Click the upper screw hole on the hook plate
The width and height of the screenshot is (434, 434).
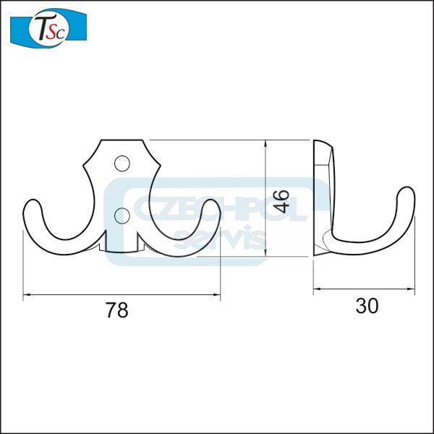[122, 163]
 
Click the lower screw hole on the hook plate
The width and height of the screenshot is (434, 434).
[122, 216]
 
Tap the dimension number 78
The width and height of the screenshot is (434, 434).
[116, 310]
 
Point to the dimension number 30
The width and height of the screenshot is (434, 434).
[367, 305]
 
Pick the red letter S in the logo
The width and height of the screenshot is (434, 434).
[53, 31]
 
